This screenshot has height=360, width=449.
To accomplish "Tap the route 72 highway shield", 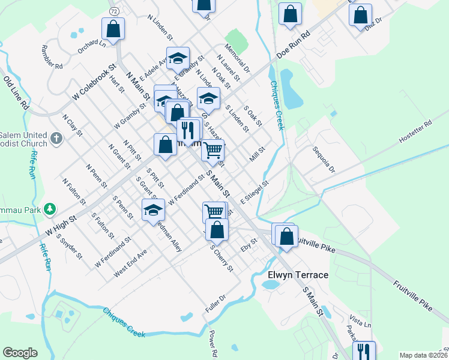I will [113, 11].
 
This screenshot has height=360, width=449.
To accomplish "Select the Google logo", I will [20, 353].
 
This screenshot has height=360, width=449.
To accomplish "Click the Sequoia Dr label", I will [322, 158].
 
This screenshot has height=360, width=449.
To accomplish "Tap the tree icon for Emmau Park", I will [51, 209].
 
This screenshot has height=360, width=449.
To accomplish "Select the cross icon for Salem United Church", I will [56, 139].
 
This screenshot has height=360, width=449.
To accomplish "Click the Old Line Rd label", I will [16, 92].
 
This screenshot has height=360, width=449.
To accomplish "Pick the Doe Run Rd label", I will [292, 45].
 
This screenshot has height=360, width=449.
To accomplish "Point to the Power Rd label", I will [212, 342].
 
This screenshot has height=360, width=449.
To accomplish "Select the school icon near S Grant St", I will [153, 210].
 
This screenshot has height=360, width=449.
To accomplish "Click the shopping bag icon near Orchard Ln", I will [113, 28].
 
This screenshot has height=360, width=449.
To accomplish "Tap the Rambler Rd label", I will [52, 56].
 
